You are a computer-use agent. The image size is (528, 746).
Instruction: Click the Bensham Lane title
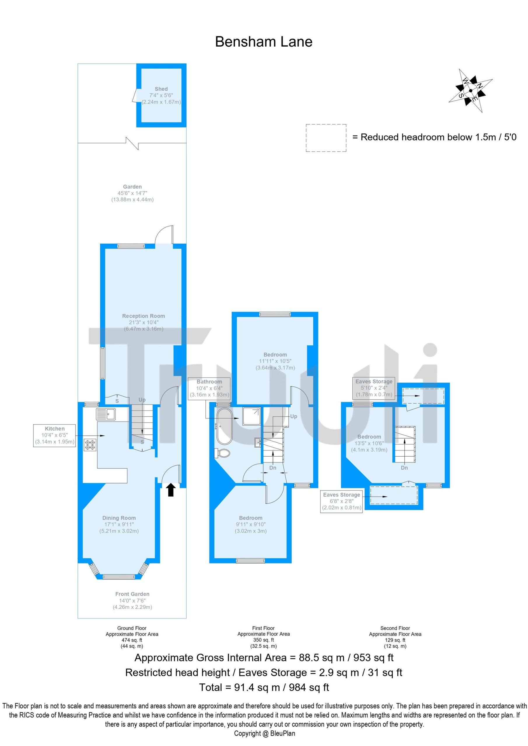tap(263, 42)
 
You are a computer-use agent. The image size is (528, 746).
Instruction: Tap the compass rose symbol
tap(471, 91)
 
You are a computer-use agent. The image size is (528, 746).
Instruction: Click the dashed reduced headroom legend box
tap(326, 138)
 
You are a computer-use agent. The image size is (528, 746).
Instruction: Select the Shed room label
tap(161, 95)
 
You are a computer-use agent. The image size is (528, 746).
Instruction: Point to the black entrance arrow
tap(171, 490)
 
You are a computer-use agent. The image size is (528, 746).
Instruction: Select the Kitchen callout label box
tap(55, 435)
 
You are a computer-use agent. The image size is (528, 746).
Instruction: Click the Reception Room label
tap(144, 322)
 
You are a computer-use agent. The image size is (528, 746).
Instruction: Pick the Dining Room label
tap(119, 525)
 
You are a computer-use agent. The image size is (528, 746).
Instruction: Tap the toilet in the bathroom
tap(222, 453)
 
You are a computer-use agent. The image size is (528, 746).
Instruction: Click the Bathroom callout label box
tap(209, 388)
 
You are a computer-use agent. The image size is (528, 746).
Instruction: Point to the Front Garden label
tap(132, 600)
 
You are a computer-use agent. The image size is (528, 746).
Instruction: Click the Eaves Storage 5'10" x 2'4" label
tap(374, 388)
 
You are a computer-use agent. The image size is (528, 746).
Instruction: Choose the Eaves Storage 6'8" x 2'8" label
tap(342, 501)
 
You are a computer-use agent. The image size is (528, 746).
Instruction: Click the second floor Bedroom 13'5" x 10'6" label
tap(369, 443)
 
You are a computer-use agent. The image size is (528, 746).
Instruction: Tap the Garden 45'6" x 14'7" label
tap(132, 193)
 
